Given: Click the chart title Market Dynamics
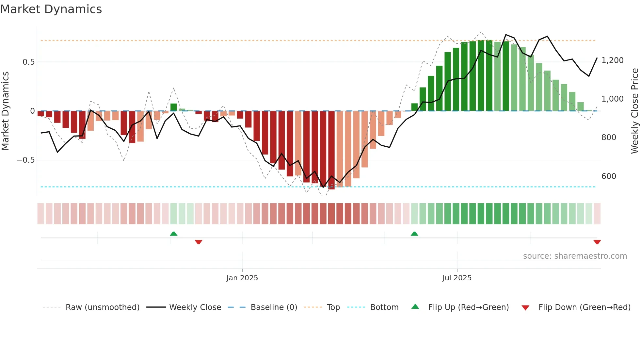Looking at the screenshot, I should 51,9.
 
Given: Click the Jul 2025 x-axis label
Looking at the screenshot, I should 457,278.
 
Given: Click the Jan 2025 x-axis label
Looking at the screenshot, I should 242,278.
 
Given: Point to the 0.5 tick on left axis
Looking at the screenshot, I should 29,62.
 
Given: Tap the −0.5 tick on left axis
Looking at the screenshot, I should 26,160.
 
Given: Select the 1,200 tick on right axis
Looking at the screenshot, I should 612,60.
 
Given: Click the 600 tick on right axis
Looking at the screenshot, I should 609,176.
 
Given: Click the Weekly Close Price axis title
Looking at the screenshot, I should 634,111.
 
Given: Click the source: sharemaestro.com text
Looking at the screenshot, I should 575,256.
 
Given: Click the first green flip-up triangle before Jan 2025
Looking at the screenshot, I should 174,234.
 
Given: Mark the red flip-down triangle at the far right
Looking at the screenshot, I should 597,242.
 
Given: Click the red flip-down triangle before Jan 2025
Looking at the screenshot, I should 199,242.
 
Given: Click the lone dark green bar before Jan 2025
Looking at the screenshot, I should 174,107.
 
